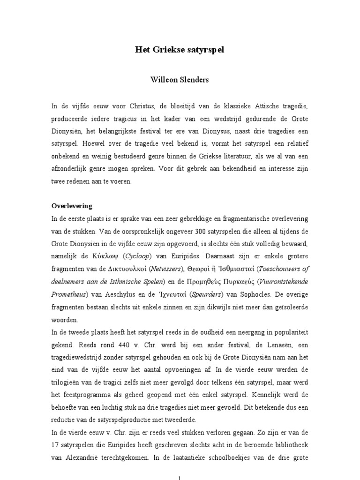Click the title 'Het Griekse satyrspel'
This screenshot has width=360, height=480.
(x=180, y=50)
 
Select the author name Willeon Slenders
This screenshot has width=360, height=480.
(x=180, y=80)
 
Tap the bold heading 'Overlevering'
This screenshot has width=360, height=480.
(x=72, y=206)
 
